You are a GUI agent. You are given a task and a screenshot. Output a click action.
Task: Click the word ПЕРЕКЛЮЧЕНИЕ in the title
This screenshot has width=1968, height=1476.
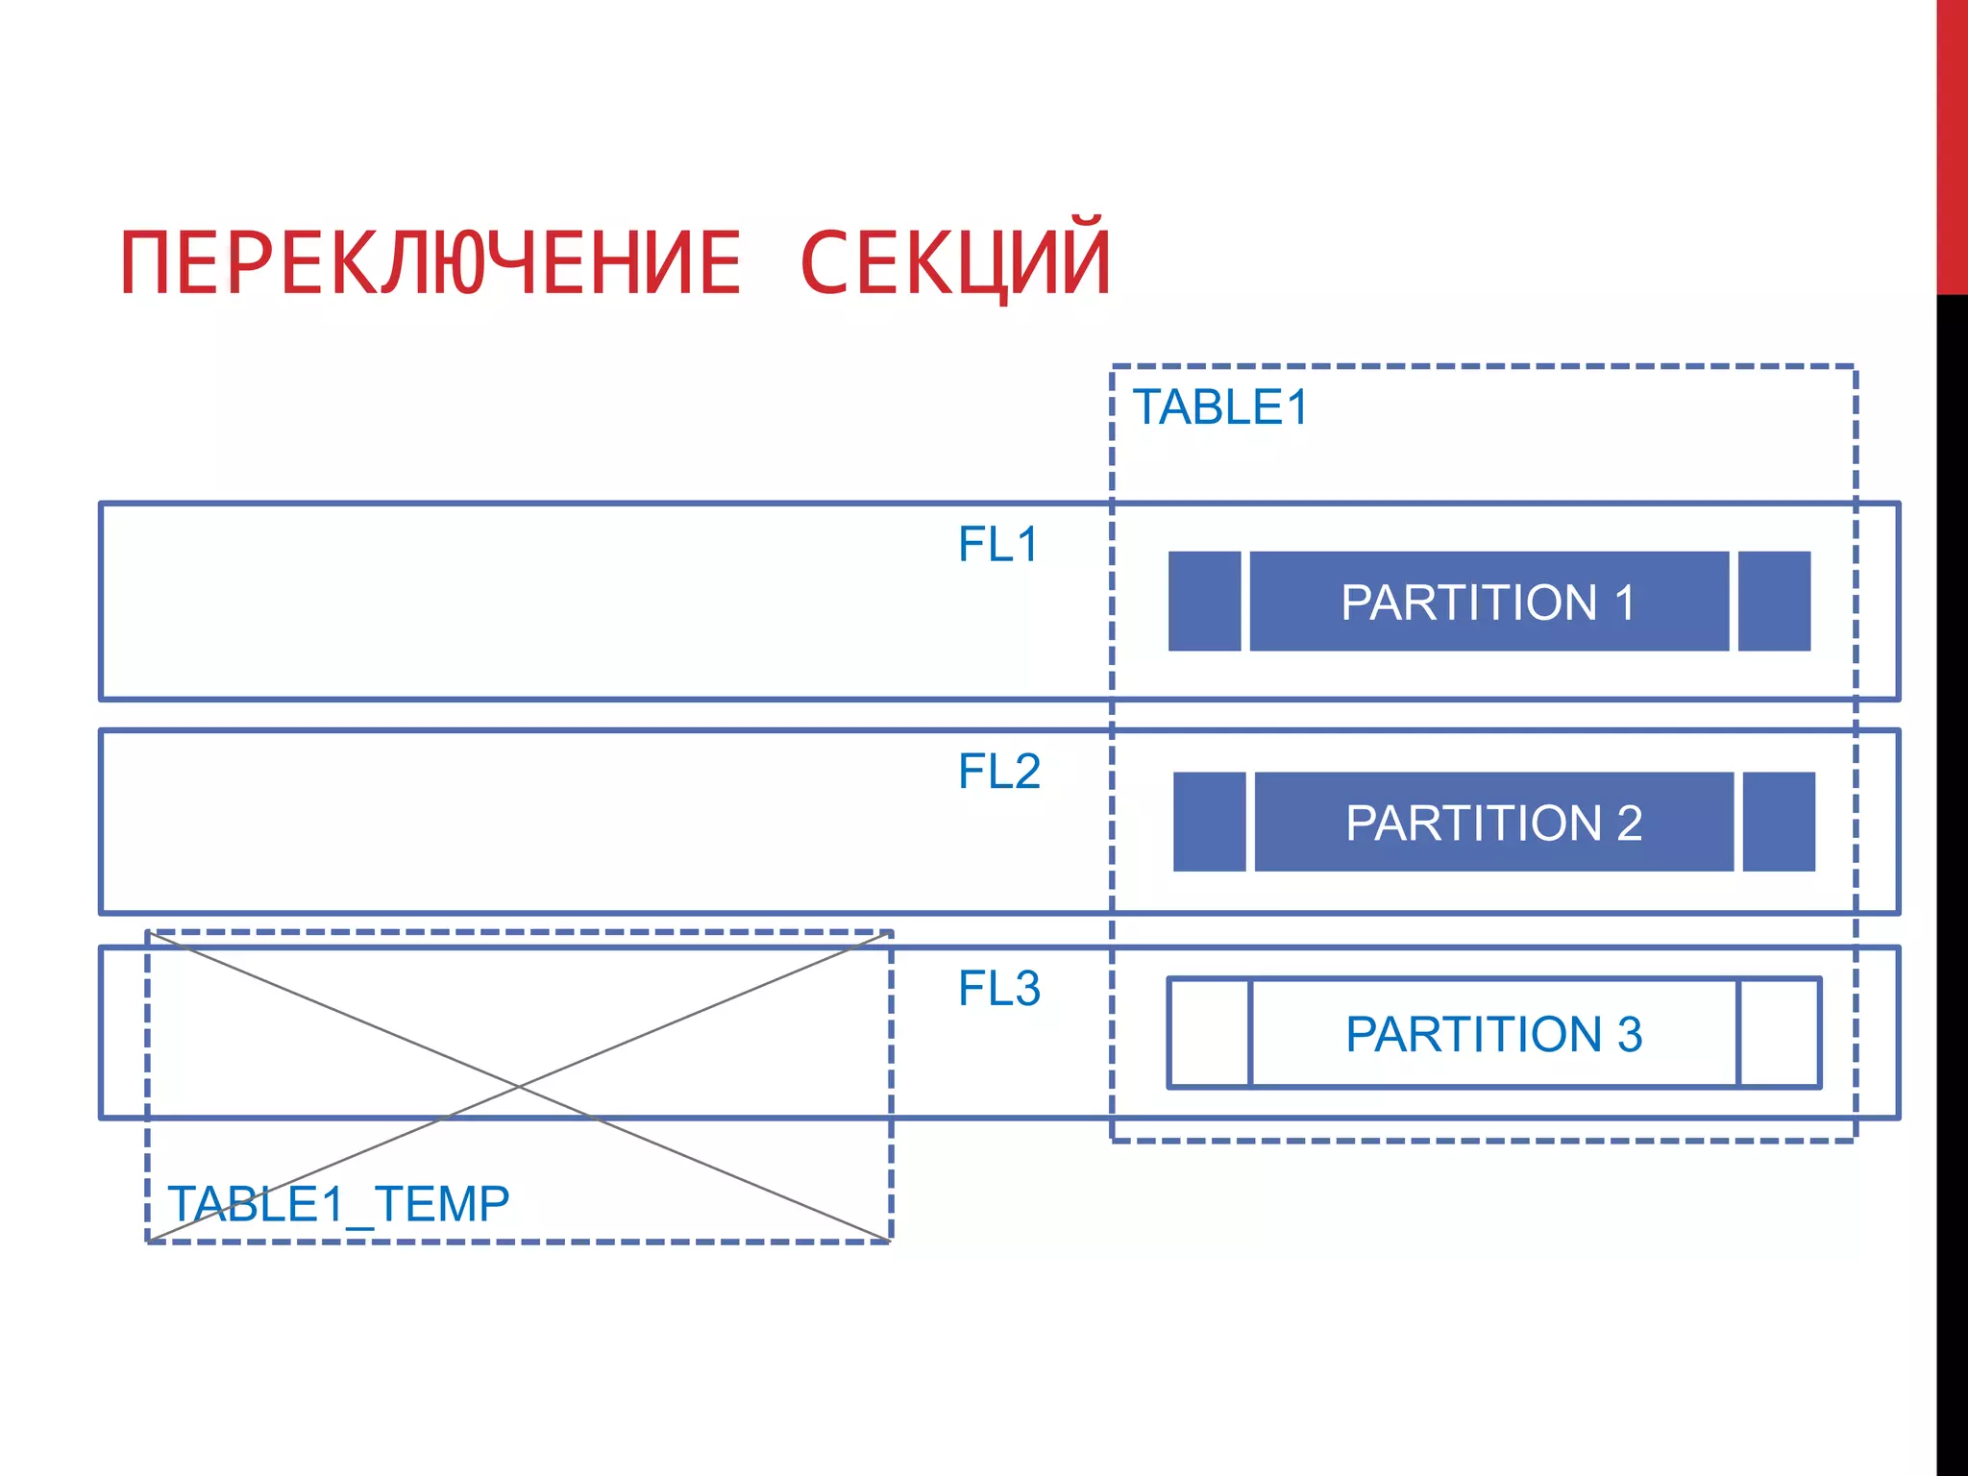pyautogui.click(x=430, y=263)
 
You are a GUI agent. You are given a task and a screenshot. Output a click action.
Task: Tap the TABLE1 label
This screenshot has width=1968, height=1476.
pyautogui.click(x=1220, y=407)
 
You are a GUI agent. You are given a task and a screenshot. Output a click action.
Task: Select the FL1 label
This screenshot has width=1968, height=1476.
pyautogui.click(x=998, y=545)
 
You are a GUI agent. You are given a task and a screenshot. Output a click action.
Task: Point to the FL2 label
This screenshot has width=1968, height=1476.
pyautogui.click(x=999, y=772)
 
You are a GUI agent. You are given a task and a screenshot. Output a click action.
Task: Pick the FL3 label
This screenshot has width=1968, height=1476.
pyautogui.click(x=999, y=989)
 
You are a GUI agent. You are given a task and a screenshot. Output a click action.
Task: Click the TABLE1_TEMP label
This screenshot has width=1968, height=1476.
pyautogui.click(x=338, y=1204)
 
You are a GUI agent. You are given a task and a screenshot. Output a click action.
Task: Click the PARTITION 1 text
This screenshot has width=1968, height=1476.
pyautogui.click(x=1488, y=603)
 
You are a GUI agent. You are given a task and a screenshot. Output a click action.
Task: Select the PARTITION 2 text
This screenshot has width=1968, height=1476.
pyautogui.click(x=1493, y=823)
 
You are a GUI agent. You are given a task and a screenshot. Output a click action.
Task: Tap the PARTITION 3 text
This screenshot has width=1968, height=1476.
pyautogui.click(x=1493, y=1034)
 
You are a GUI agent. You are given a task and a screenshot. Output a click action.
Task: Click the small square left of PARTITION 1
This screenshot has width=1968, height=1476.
pyautogui.click(x=1204, y=602)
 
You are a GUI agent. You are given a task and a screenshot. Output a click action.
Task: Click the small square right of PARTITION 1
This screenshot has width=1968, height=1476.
pyautogui.click(x=1774, y=602)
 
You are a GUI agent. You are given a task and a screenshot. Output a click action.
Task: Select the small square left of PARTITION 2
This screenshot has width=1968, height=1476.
pyautogui.click(x=1209, y=822)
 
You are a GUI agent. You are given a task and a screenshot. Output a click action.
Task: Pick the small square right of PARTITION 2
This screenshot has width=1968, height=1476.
pyautogui.click(x=1779, y=822)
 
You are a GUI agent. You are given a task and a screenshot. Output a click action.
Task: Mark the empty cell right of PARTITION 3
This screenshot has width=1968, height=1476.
pyautogui.click(x=1779, y=1033)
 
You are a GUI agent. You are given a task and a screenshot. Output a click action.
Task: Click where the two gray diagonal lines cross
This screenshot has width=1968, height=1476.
pyautogui.click(x=519, y=1087)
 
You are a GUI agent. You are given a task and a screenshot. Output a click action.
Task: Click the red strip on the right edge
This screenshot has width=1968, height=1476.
pyautogui.click(x=1952, y=144)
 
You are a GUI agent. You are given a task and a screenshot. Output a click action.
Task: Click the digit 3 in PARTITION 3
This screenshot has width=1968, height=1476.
pyautogui.click(x=1630, y=1034)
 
